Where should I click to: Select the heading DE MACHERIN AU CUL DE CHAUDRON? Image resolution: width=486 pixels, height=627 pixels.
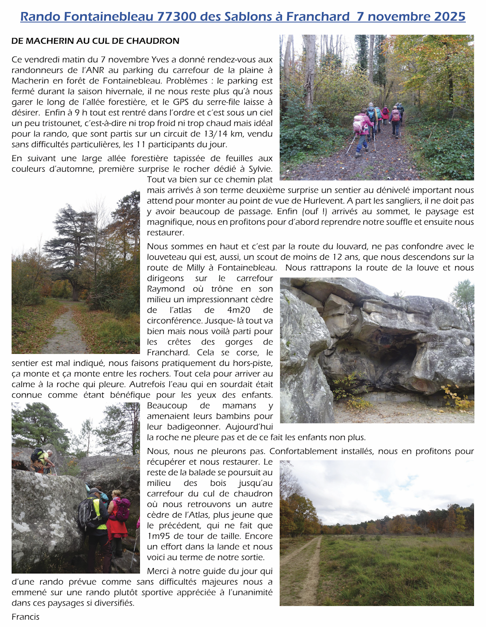[95, 41]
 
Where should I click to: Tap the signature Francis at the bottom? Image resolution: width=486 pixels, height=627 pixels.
[26, 617]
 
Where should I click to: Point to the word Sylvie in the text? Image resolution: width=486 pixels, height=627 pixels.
[260, 169]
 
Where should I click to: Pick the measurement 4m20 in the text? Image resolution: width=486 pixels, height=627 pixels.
[239, 310]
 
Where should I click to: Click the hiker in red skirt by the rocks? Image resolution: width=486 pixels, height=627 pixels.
[117, 518]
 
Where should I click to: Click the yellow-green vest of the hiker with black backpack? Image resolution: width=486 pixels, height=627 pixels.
[99, 512]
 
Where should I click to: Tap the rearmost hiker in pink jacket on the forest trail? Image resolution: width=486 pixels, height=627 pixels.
[362, 130]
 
